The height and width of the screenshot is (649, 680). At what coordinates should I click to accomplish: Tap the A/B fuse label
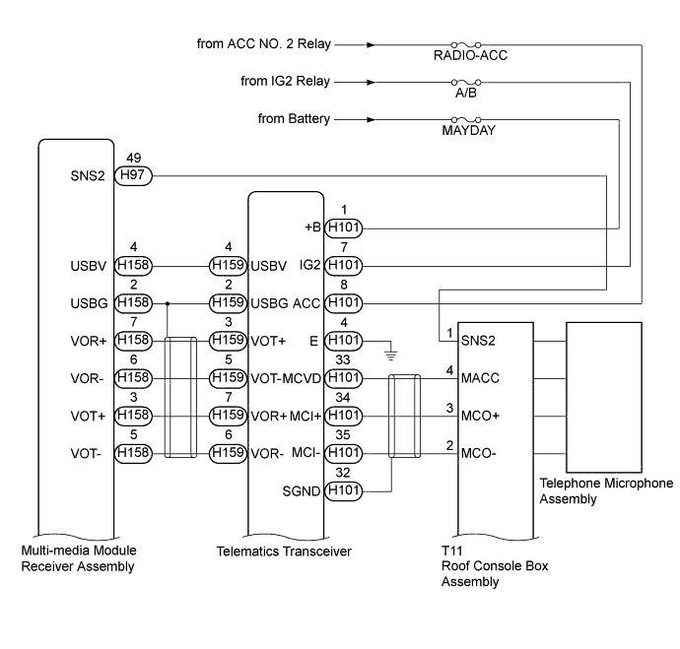click(x=465, y=94)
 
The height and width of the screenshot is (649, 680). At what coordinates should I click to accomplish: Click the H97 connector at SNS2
click(x=132, y=175)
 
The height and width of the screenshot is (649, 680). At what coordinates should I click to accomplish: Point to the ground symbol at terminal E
click(x=390, y=348)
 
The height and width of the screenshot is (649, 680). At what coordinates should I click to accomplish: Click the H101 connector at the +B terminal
click(x=344, y=228)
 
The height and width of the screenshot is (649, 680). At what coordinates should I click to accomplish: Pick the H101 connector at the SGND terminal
click(x=344, y=490)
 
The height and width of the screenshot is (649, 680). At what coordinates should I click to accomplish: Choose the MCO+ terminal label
click(x=481, y=416)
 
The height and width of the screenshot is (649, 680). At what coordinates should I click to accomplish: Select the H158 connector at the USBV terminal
click(x=133, y=266)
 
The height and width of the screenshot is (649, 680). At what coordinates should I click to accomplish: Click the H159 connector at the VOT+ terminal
click(x=228, y=341)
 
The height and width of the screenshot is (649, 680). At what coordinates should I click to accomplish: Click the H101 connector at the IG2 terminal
click(x=344, y=266)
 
